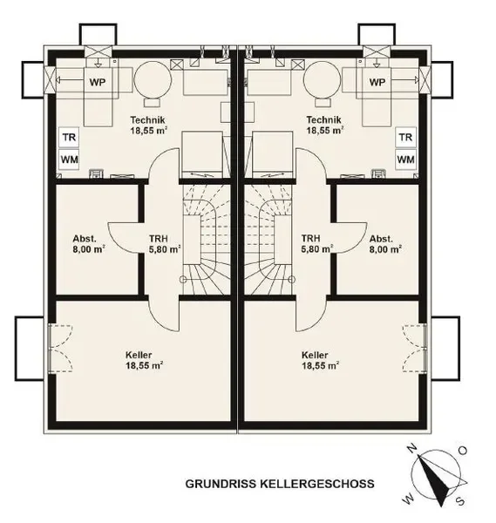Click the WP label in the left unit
click(98, 82)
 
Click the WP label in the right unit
click(377, 82)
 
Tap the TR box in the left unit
click(69, 137)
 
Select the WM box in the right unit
click(405, 160)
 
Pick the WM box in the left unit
click(69, 160)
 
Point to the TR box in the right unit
click(405, 137)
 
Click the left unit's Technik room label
click(148, 119)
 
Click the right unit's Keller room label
click(315, 355)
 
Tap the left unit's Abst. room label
click(85, 239)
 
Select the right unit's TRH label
click(310, 239)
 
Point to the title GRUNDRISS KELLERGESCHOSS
click(280, 484)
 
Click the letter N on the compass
click(413, 449)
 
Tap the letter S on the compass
click(460, 501)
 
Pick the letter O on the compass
click(463, 451)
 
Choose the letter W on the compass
click(409, 499)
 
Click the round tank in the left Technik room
click(153, 79)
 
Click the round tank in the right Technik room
click(323, 79)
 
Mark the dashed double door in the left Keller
click(60, 348)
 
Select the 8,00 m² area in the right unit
click(385, 249)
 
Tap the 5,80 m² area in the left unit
click(165, 249)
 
